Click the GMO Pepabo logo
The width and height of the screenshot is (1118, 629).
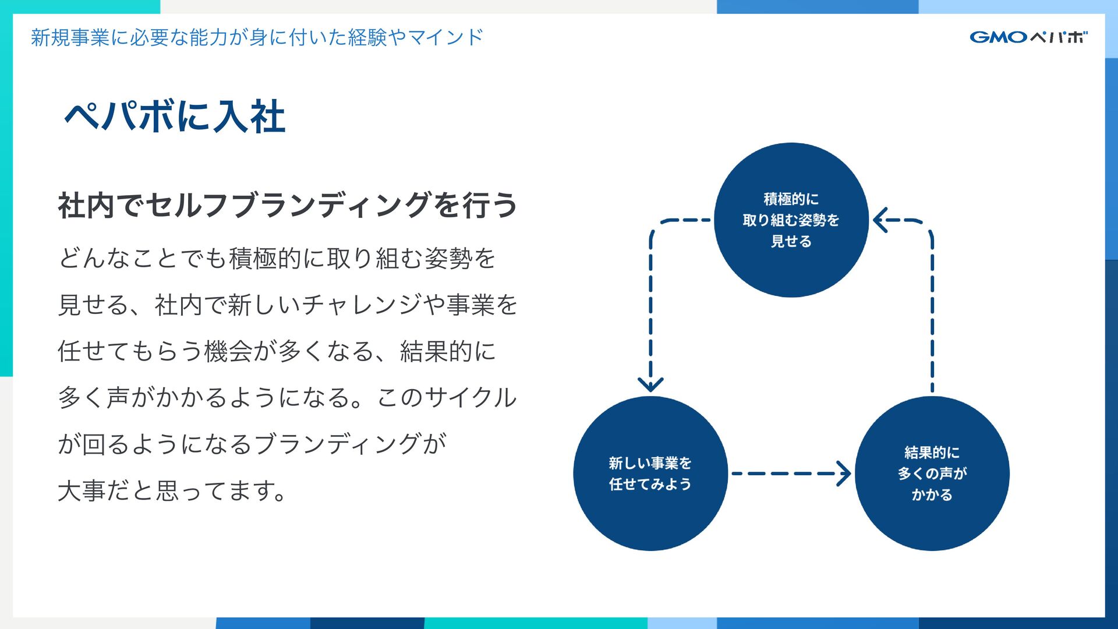(1028, 37)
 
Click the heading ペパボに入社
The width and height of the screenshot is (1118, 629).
(175, 116)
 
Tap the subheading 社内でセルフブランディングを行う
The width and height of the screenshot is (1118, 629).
(287, 206)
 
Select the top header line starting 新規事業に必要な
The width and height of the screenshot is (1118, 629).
(257, 37)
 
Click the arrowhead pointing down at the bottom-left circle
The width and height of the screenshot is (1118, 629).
(650, 384)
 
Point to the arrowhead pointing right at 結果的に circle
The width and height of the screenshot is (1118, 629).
(844, 473)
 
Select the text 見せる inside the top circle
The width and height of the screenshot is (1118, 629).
(791, 241)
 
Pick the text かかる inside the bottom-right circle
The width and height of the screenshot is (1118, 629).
(932, 494)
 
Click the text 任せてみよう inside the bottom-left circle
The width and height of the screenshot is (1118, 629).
(650, 484)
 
